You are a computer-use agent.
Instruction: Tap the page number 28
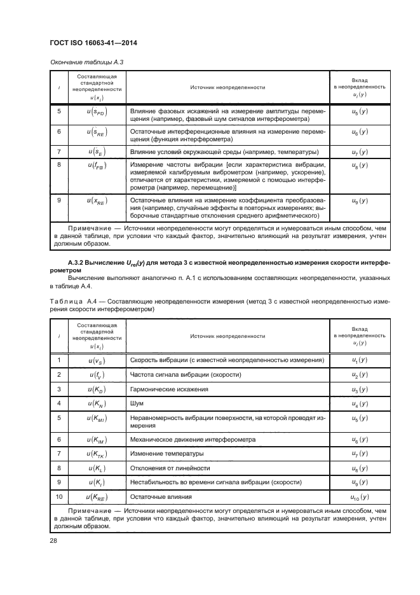point(53,541)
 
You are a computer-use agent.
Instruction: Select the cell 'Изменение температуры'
point(166,454)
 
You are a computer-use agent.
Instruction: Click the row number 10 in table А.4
point(59,498)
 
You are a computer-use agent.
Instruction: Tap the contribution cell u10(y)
point(359,498)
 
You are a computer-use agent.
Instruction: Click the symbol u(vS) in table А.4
point(98,360)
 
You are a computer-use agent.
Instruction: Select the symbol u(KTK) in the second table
point(98,454)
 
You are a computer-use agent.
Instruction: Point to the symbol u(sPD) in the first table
point(98,112)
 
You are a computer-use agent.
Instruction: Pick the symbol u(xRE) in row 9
point(98,200)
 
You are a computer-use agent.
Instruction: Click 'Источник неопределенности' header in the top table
point(227,87)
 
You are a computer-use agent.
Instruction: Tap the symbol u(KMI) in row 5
point(98,419)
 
